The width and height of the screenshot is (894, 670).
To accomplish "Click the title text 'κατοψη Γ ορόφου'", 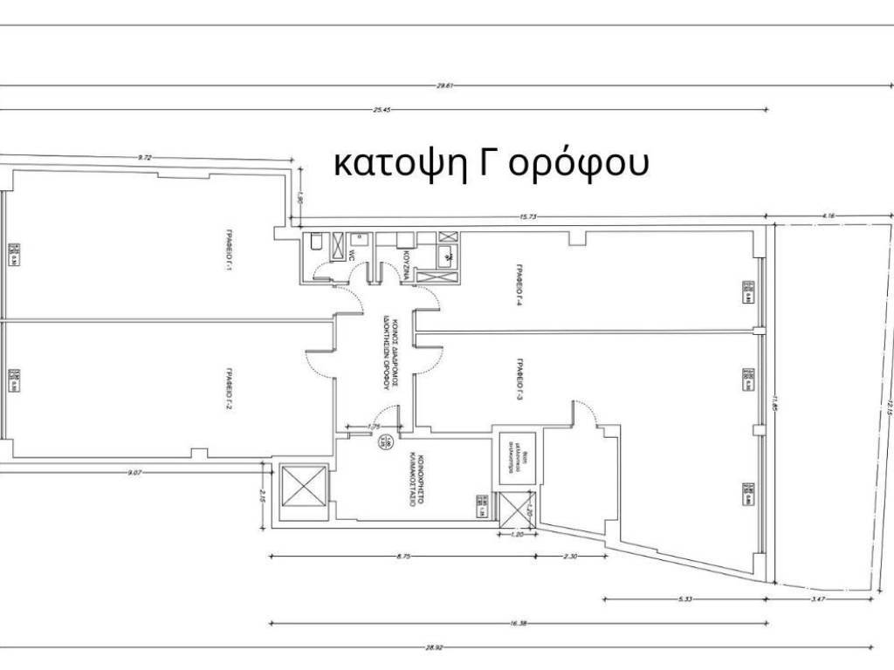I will tap(492, 163).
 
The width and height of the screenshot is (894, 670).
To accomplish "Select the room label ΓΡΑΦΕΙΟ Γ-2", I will tap(230, 387).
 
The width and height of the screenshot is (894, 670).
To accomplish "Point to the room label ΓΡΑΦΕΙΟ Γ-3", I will tap(519, 375).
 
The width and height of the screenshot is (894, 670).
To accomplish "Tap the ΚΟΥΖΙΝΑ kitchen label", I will tap(407, 261).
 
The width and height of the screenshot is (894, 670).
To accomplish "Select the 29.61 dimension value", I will tap(444, 85).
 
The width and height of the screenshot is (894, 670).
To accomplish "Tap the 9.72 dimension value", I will tap(145, 157).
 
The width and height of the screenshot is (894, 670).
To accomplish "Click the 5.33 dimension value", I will tap(684, 598).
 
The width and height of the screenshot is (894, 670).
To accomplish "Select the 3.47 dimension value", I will tap(819, 598).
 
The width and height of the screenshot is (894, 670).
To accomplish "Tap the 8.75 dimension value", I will tap(403, 555).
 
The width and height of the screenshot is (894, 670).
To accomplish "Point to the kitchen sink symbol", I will tap(446, 256).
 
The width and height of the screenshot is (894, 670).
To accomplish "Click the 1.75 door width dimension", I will tap(375, 427).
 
